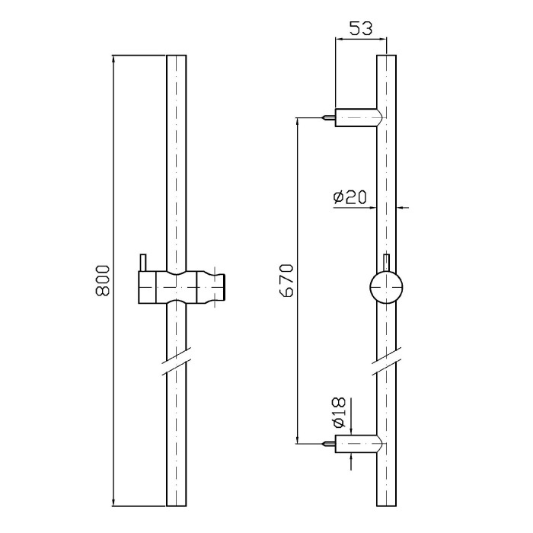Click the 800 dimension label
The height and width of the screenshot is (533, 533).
[103, 281]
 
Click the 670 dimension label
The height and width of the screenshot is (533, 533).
[287, 281]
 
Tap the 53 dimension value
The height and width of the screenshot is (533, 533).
[361, 28]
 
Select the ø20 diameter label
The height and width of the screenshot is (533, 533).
[350, 197]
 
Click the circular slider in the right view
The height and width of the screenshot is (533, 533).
[386, 287]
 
